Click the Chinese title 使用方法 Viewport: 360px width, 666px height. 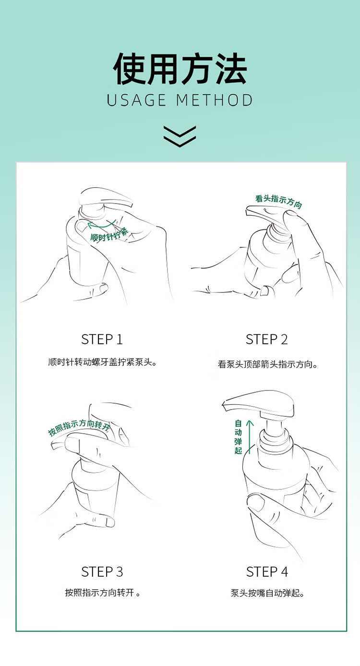click(x=180, y=68)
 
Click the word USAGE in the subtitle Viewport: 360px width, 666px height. click(x=136, y=100)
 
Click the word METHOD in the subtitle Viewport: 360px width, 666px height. click(x=215, y=100)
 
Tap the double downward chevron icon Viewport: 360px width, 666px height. click(x=180, y=136)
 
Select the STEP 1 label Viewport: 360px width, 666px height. click(x=102, y=339)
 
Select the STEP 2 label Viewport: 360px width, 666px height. click(x=267, y=339)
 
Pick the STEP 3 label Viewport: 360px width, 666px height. click(x=102, y=572)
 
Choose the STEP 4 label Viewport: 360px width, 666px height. click(x=267, y=572)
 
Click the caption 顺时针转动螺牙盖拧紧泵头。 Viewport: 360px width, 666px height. click(x=103, y=363)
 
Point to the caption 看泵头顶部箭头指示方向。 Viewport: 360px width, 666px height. click(x=267, y=364)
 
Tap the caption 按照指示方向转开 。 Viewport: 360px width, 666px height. click(x=103, y=593)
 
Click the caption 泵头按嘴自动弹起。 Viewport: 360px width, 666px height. click(x=267, y=593)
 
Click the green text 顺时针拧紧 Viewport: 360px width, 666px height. click(x=109, y=235)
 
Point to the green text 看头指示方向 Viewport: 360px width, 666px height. click(x=278, y=201)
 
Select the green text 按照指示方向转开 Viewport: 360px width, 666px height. click(x=79, y=427)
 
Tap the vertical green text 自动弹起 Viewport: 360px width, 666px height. click(x=238, y=437)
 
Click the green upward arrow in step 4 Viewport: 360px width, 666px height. click(x=250, y=437)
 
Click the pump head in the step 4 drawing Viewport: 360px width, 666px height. click(x=259, y=404)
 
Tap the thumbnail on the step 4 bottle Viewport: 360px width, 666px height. click(x=256, y=502)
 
